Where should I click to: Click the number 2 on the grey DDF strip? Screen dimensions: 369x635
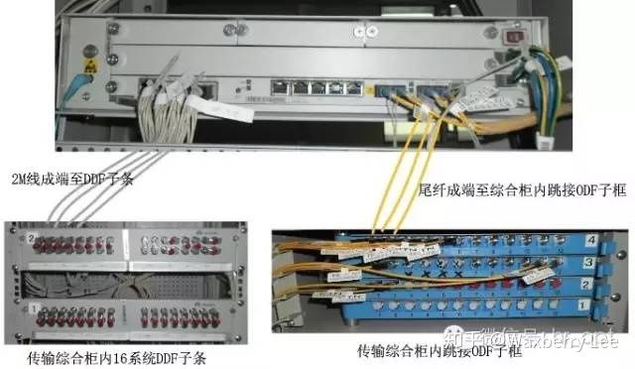click(32, 238)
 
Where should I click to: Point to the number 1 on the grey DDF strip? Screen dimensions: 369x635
click(32, 309)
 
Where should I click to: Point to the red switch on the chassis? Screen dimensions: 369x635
click(515, 39)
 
